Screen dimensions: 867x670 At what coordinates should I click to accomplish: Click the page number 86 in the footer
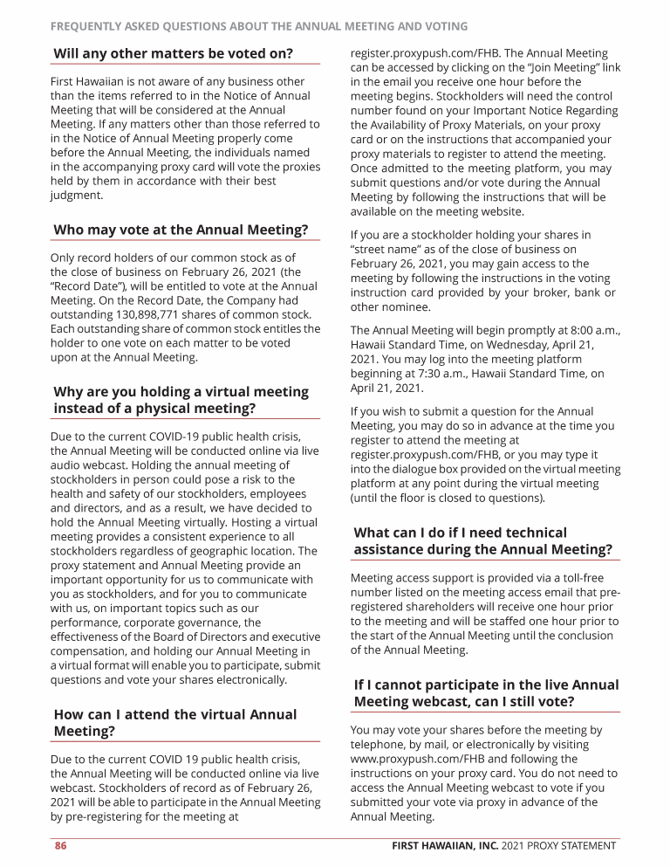coord(61,845)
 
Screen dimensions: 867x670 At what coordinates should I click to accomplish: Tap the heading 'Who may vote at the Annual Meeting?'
coord(181,230)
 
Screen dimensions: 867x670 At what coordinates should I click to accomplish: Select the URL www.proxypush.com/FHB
coord(418,759)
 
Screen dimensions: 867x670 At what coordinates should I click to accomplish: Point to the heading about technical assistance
coord(482,540)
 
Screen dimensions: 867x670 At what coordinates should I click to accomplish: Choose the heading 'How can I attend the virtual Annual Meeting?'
coord(174,722)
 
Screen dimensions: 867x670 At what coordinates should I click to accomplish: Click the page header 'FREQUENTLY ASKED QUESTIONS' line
coord(259,26)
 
